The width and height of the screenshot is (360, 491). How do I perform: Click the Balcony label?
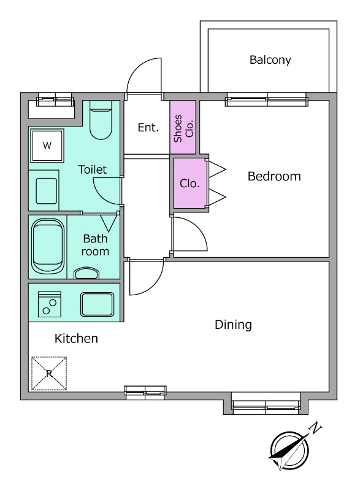(270, 60)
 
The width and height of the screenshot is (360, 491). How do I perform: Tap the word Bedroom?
(274, 176)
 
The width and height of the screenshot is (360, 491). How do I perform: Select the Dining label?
(233, 325)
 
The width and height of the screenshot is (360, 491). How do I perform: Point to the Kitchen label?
(76, 339)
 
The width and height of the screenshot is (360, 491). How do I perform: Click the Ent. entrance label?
(148, 128)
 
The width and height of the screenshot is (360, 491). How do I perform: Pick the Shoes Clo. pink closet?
(183, 127)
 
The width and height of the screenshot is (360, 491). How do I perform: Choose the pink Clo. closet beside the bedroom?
(190, 183)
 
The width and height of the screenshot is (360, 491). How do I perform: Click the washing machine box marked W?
(47, 145)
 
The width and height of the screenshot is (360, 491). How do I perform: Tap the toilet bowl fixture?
(101, 120)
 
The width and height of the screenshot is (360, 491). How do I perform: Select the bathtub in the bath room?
(48, 246)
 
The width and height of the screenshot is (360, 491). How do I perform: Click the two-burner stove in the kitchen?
(50, 304)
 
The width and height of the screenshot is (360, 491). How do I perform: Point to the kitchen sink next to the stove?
(98, 304)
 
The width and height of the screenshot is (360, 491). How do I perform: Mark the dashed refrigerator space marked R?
(49, 373)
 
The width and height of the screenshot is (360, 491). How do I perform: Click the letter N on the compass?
(315, 427)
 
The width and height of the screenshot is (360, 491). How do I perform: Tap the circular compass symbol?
(289, 451)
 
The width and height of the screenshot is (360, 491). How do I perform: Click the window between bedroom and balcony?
(267, 99)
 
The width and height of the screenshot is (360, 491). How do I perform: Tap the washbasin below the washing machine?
(46, 191)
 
